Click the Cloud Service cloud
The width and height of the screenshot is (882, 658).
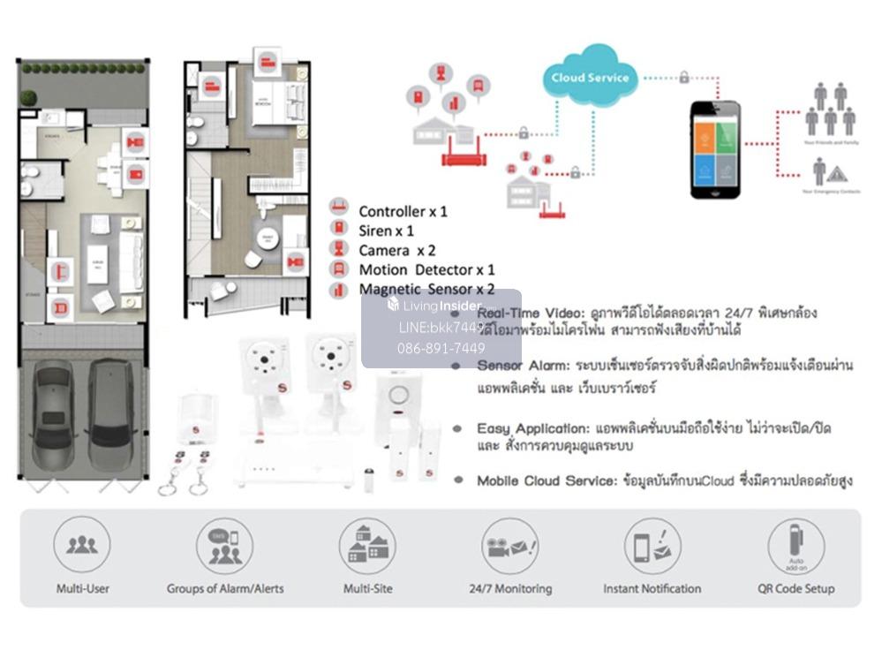click(590, 76)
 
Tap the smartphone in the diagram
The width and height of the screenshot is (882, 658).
click(715, 148)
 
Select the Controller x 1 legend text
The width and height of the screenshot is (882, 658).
click(403, 212)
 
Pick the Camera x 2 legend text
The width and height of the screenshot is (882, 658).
click(396, 251)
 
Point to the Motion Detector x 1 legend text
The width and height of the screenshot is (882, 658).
click(426, 270)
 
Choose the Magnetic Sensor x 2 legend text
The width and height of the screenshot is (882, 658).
click(426, 290)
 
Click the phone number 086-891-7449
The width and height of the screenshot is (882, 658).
click(441, 349)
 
